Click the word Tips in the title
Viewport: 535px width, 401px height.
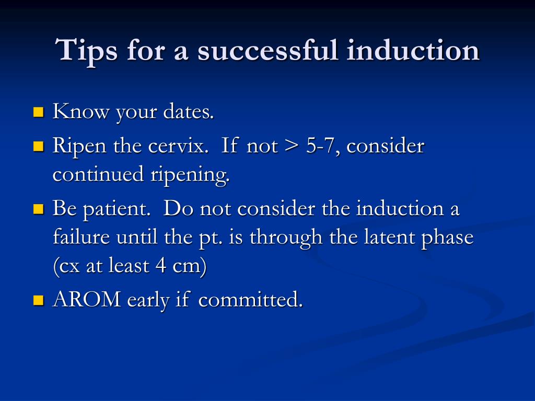86,51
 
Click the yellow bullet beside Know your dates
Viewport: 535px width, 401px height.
39,112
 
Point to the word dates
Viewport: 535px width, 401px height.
188,112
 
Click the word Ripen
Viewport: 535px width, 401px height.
79,147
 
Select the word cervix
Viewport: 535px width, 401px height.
178,146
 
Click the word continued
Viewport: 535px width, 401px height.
98,174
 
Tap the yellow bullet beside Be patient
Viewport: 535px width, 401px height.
39,209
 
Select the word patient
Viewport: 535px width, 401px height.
117,209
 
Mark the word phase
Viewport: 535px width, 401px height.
447,238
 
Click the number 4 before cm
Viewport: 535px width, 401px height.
161,265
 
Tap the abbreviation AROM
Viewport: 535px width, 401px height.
87,299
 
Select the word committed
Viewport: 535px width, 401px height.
250,299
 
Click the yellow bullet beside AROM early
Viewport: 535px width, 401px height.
39,300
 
